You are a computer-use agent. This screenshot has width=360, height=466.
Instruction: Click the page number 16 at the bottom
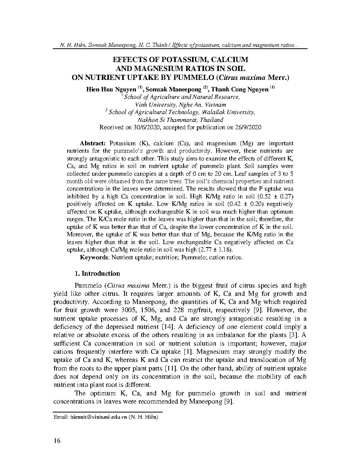pos(57,441)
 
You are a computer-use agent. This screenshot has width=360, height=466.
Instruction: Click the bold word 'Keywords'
pos(94,257)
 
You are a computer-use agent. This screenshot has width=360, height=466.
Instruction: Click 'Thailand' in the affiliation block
pos(211,120)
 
